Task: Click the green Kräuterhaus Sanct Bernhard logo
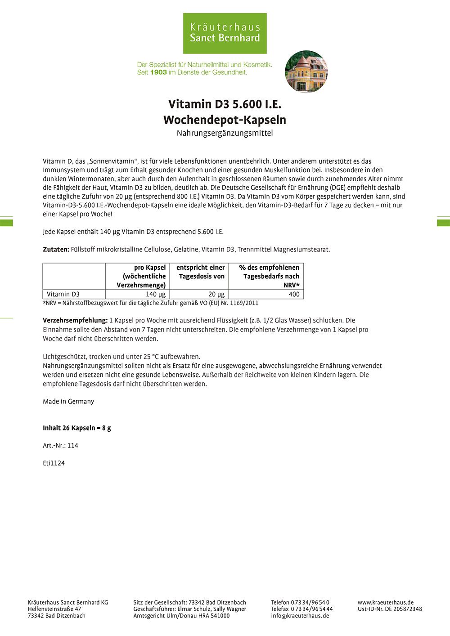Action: [225, 33]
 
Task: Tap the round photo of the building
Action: [306, 72]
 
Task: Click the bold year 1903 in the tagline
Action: [158, 72]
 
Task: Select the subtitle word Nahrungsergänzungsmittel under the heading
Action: [225, 133]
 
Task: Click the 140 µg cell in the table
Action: [155, 294]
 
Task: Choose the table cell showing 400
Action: [294, 294]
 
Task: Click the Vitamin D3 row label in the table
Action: [63, 294]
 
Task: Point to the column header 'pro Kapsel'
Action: [150, 268]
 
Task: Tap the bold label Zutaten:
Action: [56, 249]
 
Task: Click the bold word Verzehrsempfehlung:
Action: [75, 320]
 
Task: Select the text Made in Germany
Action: [68, 401]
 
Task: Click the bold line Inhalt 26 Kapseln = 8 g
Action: [77, 428]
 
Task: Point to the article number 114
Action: [73, 445]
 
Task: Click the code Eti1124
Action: [54, 463]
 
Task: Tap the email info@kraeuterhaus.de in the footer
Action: [300, 616]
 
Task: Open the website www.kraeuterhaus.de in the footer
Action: [386, 602]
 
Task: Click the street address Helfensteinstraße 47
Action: [54, 609]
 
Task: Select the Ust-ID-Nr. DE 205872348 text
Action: [390, 609]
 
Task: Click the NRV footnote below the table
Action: [150, 303]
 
